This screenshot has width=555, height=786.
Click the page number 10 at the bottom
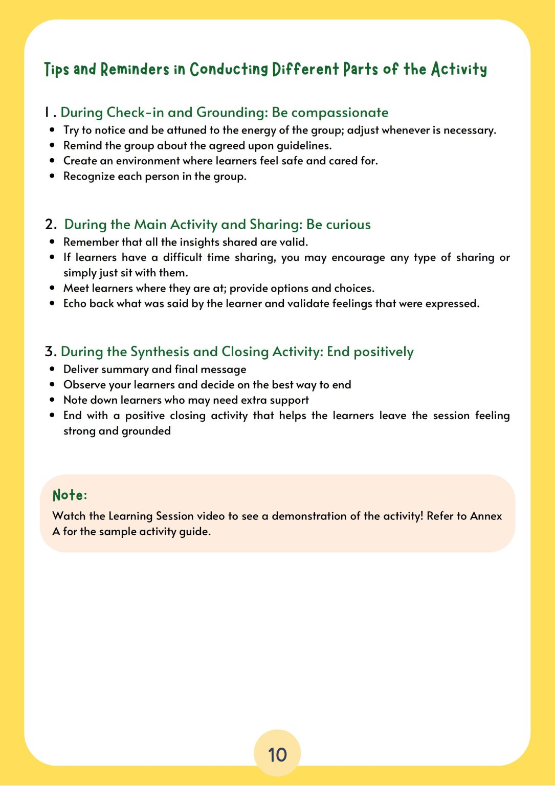point(277,755)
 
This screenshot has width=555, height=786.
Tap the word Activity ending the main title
point(458,69)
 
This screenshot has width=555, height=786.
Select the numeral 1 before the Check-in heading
point(47,112)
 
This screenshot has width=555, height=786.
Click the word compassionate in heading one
point(340,113)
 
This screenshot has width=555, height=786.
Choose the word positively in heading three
point(383,352)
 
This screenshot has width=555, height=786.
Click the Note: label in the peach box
point(70,495)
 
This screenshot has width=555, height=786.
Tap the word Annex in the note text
point(486,516)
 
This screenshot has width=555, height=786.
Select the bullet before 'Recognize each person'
point(52,176)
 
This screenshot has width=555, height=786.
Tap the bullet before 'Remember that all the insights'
point(52,242)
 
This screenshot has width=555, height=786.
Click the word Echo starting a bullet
point(75,303)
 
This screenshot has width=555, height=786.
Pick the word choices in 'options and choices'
point(354,288)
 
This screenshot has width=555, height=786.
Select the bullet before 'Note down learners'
point(52,400)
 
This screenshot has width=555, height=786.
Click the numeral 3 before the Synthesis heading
point(49,352)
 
